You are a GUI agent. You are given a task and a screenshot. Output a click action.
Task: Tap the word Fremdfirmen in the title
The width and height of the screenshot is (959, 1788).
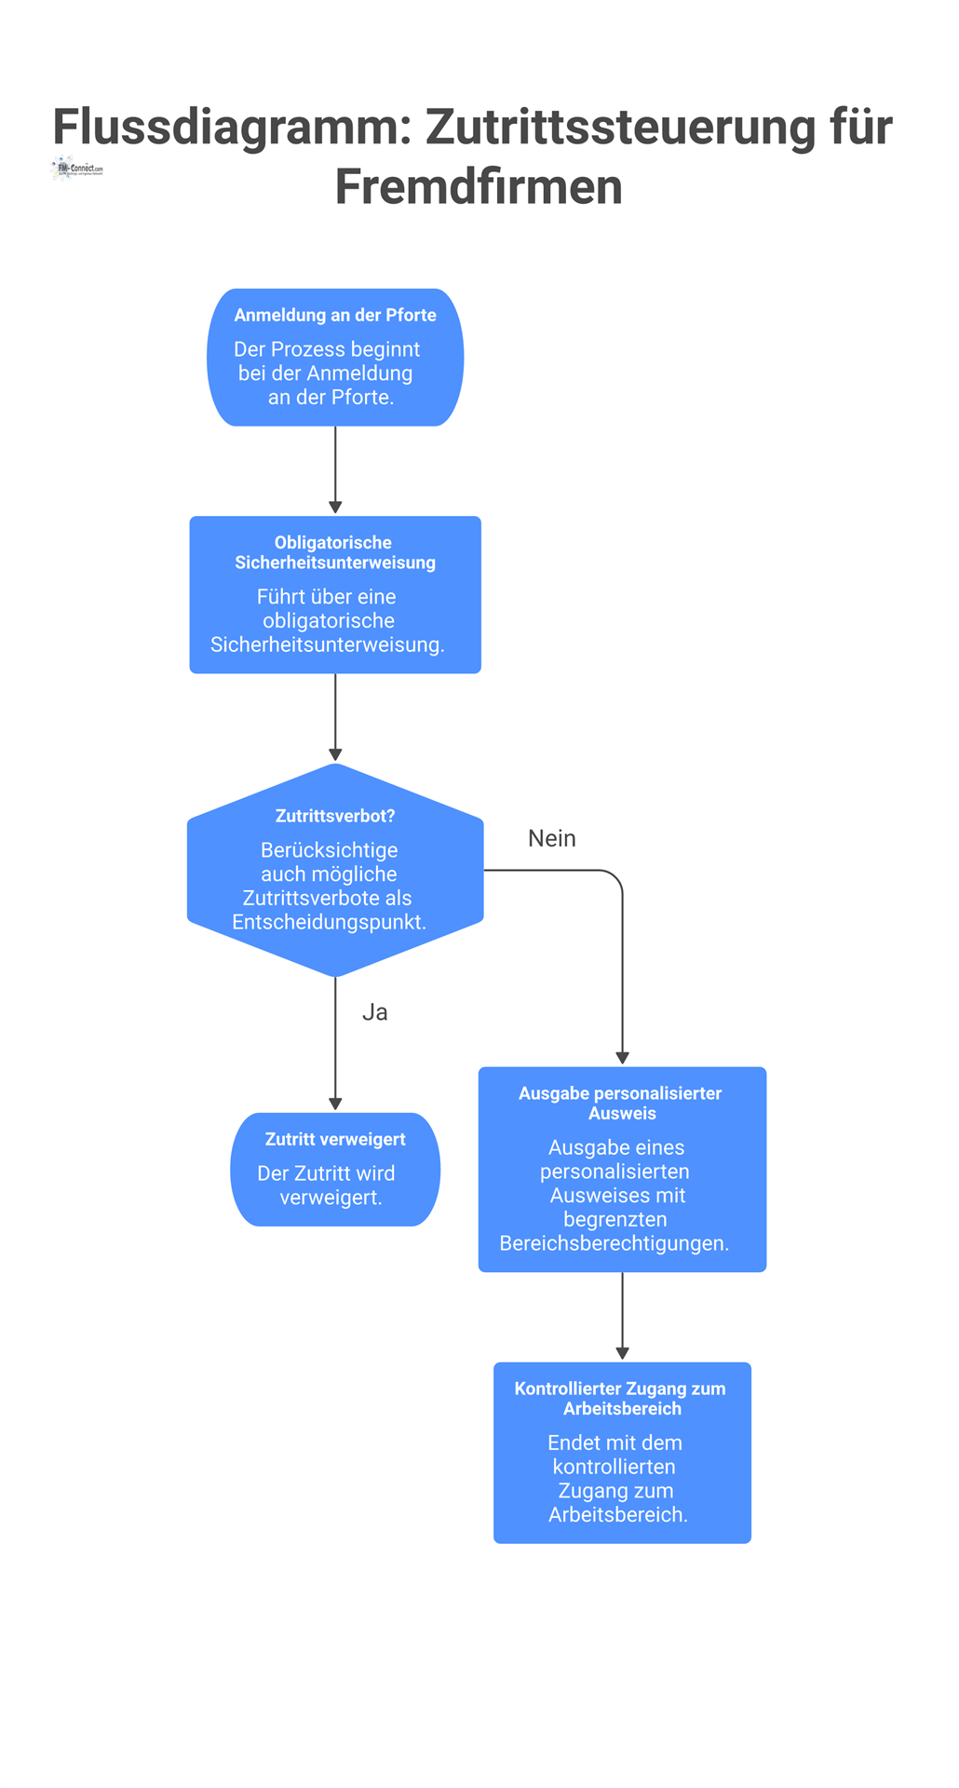[479, 187]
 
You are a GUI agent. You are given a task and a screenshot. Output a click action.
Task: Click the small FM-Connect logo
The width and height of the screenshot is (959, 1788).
[77, 169]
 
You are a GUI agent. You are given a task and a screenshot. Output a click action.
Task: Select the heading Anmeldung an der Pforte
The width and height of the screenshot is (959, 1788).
[335, 316]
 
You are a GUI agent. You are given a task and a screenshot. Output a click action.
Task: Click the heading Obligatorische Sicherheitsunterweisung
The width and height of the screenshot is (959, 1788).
[335, 552]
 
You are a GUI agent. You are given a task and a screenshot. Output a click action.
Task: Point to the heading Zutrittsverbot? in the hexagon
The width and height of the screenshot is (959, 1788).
[335, 816]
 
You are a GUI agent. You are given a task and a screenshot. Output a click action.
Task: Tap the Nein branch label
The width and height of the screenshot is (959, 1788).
[552, 838]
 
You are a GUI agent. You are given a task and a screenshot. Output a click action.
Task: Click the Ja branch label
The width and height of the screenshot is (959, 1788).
[374, 1012]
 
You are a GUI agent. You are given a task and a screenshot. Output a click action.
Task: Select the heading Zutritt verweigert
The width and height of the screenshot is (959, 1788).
[335, 1139]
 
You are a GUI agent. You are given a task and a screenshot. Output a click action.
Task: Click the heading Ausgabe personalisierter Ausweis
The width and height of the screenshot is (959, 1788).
[621, 1103]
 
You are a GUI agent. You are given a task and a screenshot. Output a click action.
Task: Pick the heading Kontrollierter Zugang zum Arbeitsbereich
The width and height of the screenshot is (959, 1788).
[621, 1398]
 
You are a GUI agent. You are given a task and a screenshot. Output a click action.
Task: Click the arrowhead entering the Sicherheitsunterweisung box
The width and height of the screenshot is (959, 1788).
[335, 508]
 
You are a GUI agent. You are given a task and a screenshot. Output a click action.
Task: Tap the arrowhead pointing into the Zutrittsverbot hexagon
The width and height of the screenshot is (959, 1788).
[335, 754]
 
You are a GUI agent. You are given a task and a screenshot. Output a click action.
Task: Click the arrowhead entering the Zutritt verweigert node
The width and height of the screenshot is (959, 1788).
[335, 1104]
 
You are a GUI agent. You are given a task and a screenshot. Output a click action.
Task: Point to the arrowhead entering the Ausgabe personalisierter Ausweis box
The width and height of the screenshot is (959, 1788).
[622, 1058]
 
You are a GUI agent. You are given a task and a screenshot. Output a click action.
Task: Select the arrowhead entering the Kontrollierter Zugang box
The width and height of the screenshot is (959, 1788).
[622, 1353]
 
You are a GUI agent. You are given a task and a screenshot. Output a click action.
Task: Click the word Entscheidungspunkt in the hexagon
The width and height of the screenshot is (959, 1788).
[329, 923]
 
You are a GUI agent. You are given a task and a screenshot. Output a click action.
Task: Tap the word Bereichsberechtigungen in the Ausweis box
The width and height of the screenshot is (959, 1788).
[614, 1243]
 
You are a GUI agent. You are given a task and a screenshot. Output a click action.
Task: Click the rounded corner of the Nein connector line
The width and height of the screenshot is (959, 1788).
[615, 877]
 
